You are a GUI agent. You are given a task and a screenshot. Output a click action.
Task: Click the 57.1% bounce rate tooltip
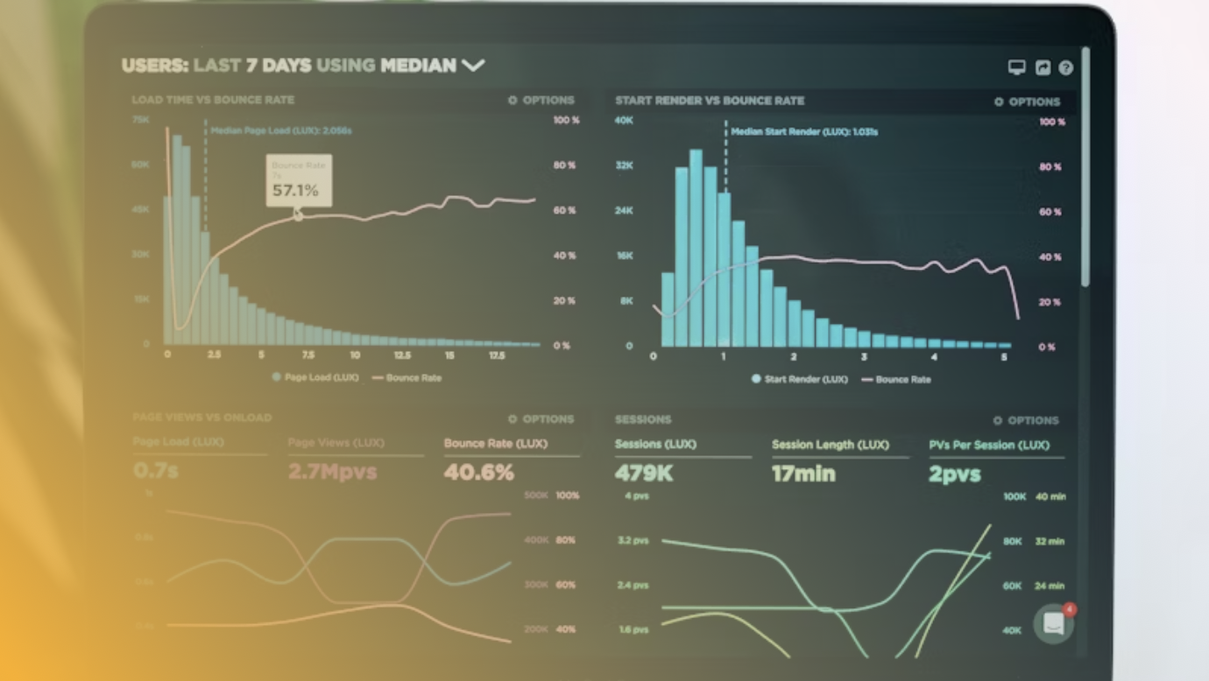(x=298, y=181)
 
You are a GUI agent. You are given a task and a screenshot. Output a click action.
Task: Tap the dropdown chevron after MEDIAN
(x=473, y=65)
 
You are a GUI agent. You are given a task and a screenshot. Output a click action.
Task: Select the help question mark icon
(x=1065, y=67)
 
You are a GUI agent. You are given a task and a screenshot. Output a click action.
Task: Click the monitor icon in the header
(x=1016, y=67)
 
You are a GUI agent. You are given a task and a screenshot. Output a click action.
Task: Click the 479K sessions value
(x=644, y=474)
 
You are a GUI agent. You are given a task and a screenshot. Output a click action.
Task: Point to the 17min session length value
(x=803, y=474)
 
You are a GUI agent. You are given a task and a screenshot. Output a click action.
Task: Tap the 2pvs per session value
(x=954, y=474)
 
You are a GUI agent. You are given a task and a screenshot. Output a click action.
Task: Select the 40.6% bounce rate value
(x=478, y=473)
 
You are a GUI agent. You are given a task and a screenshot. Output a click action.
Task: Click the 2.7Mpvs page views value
(x=332, y=473)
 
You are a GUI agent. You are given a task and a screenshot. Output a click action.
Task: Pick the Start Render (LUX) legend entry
(x=799, y=379)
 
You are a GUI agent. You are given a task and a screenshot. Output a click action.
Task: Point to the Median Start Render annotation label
(x=804, y=132)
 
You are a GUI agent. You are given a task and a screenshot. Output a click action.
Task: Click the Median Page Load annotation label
(x=281, y=130)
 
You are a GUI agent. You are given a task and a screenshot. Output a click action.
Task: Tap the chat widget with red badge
(x=1053, y=623)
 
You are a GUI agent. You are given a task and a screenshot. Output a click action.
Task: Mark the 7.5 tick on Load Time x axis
(x=308, y=355)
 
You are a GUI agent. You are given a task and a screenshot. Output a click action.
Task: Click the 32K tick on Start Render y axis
(x=624, y=165)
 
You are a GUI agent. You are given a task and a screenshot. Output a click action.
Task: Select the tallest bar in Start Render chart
(x=696, y=248)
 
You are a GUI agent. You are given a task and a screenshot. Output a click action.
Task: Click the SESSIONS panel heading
(x=643, y=419)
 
